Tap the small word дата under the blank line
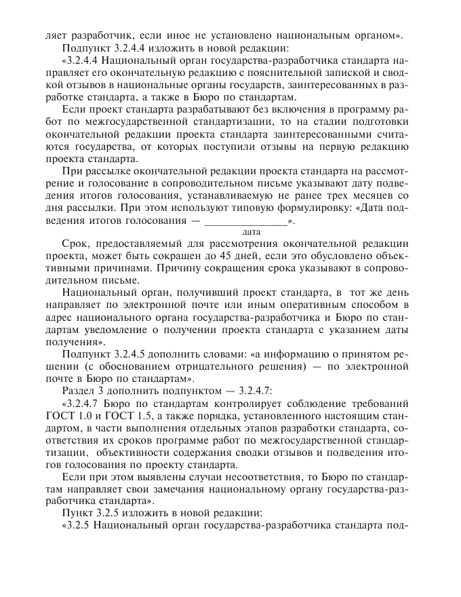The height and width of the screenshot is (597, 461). pos(242,232)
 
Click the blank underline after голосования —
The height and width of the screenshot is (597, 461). pos(245,220)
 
